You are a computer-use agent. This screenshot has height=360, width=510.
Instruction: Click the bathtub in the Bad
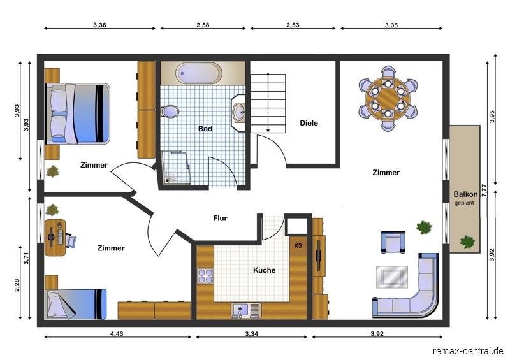[199, 73]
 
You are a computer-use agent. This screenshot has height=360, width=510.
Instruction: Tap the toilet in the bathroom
[170, 112]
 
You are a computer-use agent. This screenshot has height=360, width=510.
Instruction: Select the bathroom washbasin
[239, 113]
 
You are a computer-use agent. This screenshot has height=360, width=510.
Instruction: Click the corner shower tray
[176, 168]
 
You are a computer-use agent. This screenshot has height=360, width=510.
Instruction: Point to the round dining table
[388, 98]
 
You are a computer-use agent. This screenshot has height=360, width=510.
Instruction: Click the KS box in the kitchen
[298, 245]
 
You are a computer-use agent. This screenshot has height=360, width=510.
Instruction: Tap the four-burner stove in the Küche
[205, 275]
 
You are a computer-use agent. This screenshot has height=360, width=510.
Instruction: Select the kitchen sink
[246, 310]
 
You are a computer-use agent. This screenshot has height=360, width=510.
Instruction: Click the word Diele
[309, 123]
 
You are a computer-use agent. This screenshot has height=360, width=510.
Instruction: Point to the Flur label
[220, 218]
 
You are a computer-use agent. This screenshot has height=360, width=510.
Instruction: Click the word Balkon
[465, 194]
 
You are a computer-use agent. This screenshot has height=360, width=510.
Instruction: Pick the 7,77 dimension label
[484, 191]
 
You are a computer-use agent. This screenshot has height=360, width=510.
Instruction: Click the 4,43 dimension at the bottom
[117, 333]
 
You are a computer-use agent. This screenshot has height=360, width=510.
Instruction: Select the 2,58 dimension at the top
[203, 25]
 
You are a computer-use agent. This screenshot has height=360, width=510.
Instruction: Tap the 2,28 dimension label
[17, 285]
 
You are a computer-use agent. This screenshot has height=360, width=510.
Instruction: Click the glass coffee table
[392, 277]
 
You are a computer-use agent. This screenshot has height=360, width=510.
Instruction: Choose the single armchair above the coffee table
[393, 242]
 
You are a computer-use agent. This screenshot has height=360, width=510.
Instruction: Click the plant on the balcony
[467, 242]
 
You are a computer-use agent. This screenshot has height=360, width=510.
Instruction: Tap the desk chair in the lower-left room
[71, 241]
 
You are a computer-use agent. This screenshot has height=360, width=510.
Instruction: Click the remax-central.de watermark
[468, 351]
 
